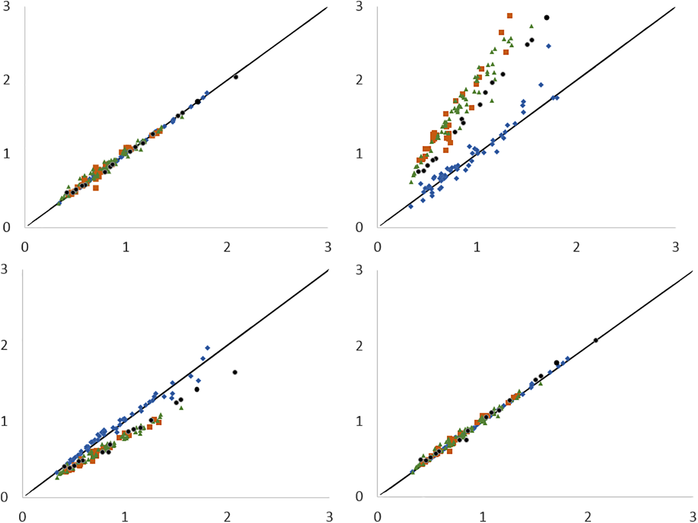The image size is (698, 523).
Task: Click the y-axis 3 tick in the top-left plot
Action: coord(7,6)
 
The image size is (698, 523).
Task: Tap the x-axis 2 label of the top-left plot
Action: coord(227,247)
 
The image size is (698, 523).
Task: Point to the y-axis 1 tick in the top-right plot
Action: coord(359,154)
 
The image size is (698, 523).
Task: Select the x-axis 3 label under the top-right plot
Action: coord(676,247)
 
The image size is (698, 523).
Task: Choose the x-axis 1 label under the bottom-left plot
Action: coord(125,517)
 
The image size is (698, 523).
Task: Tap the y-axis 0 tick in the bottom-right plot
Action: coord(359,497)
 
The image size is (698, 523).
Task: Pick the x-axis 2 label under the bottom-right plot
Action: coord(588,517)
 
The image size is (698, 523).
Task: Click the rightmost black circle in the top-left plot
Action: coord(236,77)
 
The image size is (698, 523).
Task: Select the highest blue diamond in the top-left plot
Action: coord(207,93)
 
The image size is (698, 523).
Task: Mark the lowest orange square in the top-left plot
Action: coord(96,188)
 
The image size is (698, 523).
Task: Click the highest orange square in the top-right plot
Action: coord(510,16)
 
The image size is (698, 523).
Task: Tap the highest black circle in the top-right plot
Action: coord(547,17)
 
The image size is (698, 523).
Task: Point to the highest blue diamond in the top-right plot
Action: coord(548,46)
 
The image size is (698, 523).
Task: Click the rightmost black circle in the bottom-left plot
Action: coord(235,372)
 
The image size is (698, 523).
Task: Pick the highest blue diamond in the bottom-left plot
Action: coord(207,348)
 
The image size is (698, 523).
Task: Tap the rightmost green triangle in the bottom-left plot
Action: coord(181,407)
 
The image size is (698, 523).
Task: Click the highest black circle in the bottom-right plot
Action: coord(596,341)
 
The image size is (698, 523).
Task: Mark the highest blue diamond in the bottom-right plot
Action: coord(567,358)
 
